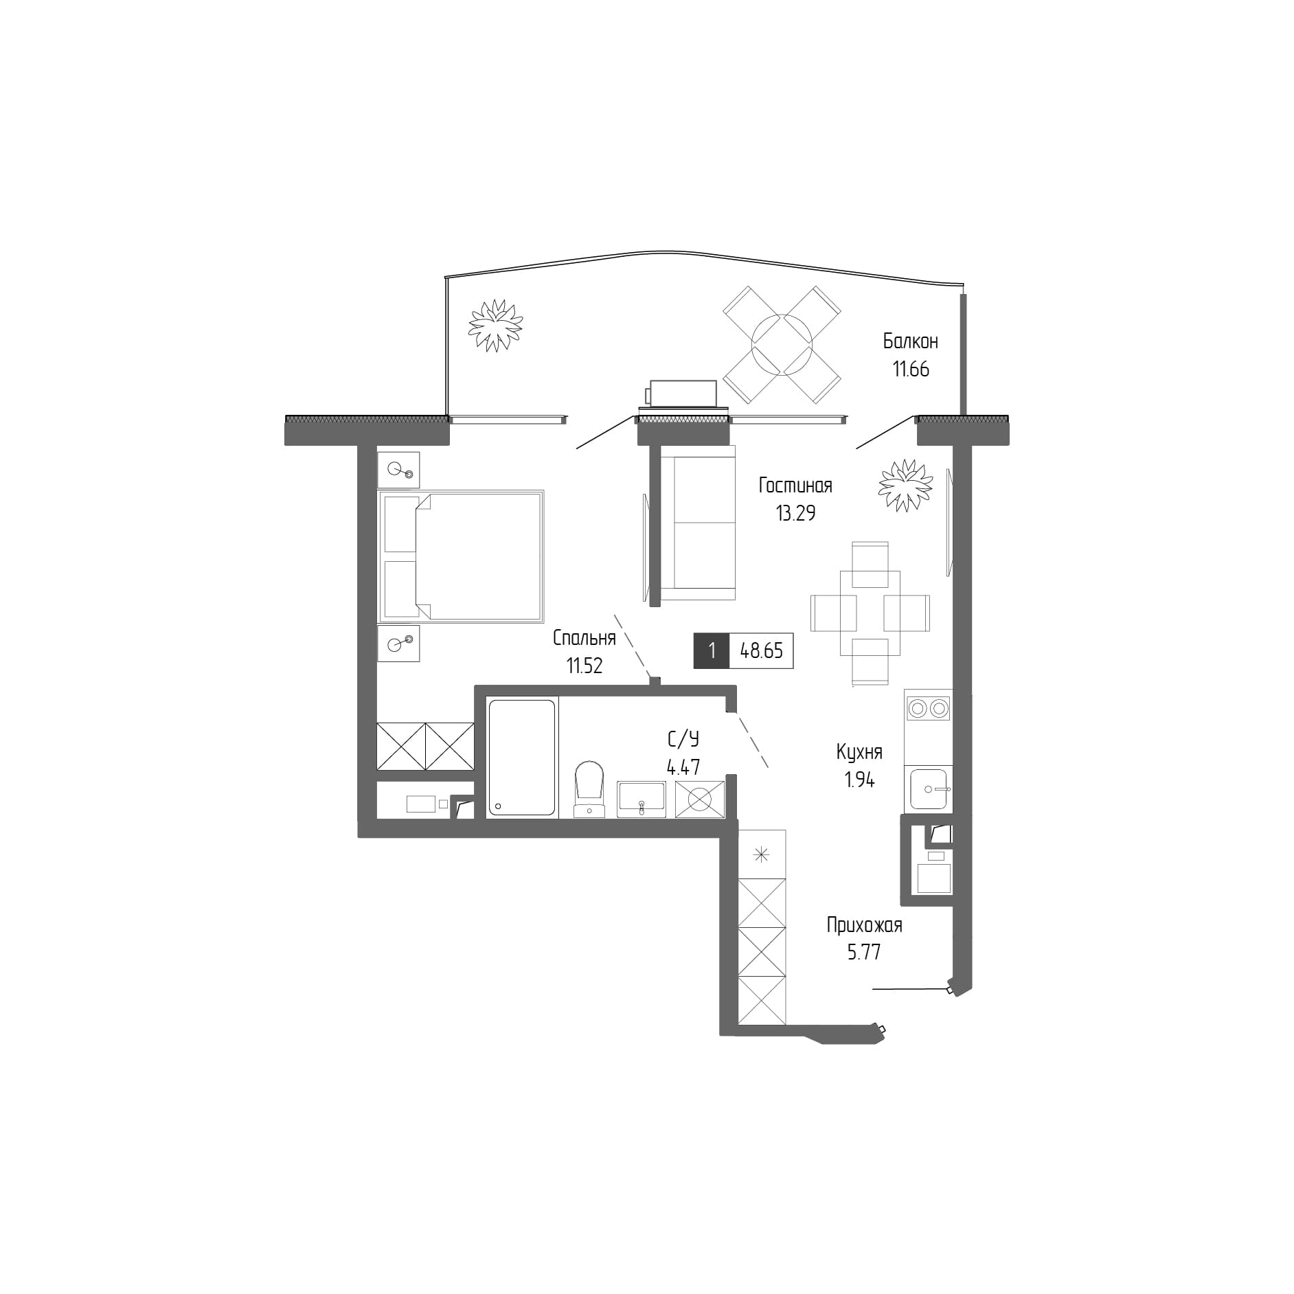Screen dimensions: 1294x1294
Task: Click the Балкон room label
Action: click(x=910, y=341)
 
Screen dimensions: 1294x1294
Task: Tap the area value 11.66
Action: click(x=910, y=370)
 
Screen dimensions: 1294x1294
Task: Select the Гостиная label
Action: click(x=795, y=486)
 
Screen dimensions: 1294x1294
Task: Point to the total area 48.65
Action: click(x=761, y=650)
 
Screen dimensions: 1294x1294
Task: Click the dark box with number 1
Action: click(x=712, y=650)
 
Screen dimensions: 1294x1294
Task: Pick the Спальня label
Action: click(x=584, y=638)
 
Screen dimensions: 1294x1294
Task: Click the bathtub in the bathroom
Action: click(x=521, y=757)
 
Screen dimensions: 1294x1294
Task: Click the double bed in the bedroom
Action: click(x=461, y=556)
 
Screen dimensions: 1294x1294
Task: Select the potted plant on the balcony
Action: click(x=495, y=325)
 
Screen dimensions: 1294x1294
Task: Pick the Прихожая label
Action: click(x=864, y=925)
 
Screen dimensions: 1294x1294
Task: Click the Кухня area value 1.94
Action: click(x=859, y=780)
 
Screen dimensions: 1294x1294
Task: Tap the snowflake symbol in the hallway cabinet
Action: click(x=761, y=855)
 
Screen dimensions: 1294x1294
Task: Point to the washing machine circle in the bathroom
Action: click(x=699, y=799)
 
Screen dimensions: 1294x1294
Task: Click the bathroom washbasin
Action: click(x=641, y=798)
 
